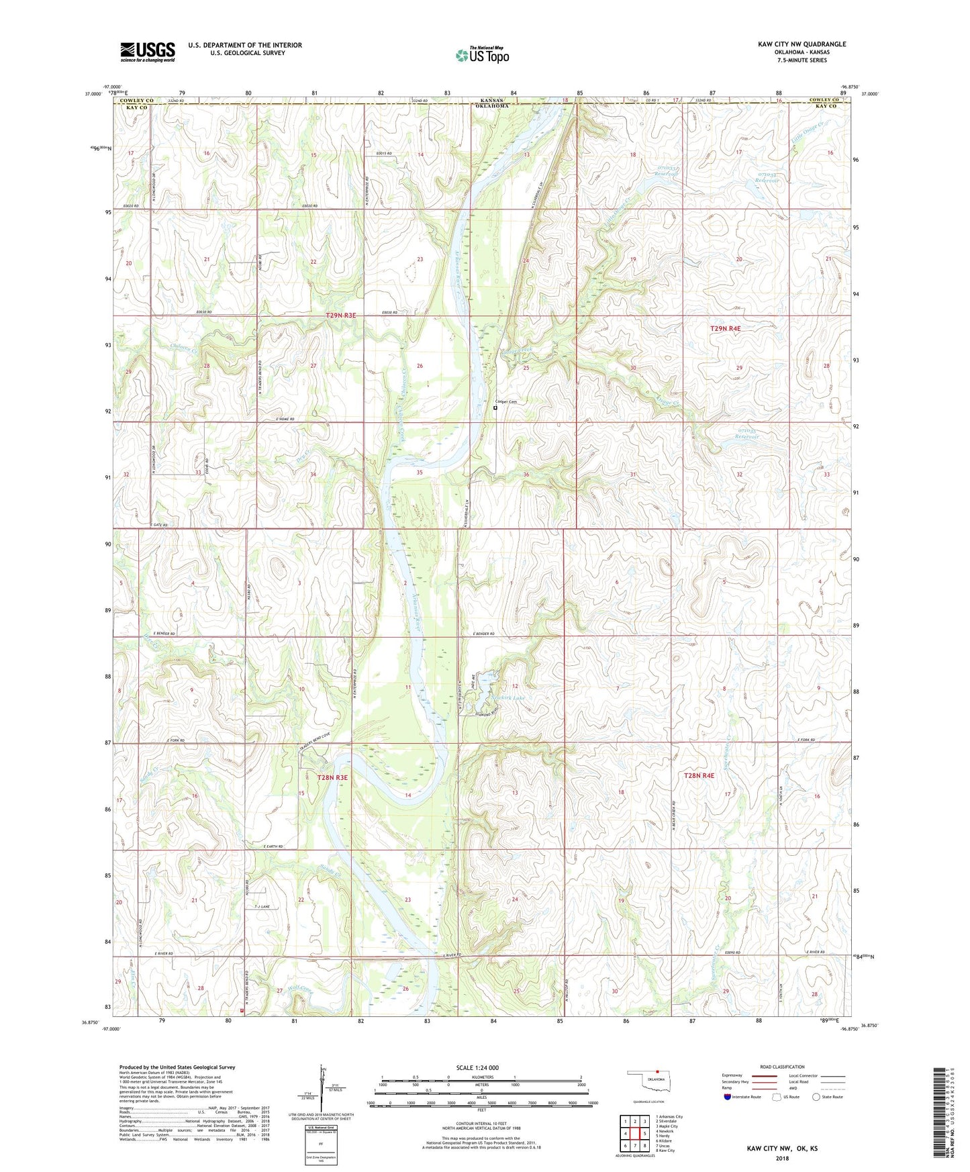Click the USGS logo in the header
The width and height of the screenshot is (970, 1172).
pos(148,51)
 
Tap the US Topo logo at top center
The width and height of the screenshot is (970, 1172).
pos(482,55)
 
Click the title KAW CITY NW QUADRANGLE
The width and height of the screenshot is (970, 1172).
pos(802,44)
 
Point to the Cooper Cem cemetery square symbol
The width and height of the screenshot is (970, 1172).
pos(495,407)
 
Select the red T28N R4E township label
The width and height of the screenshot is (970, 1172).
pos(699,775)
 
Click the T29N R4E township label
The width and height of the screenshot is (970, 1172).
pos(726,328)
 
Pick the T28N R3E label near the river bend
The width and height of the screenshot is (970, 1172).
pos(332,777)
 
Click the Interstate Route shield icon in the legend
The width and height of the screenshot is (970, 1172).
pos(727,1097)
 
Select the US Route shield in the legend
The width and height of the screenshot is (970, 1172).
pos(778,1097)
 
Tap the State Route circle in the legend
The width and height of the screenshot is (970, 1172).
pos(816,1097)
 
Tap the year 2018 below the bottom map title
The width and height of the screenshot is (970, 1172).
pos(782,1158)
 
